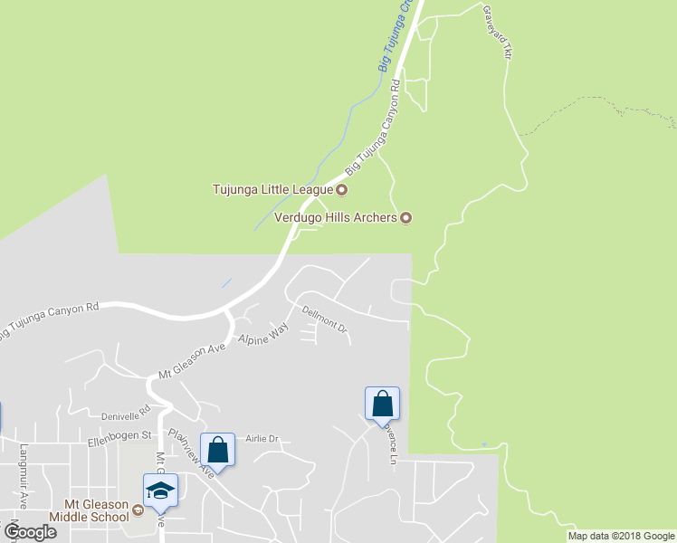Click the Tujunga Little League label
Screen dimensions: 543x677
[272, 190]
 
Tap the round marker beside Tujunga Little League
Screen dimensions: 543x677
[342, 190]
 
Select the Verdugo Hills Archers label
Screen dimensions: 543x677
[336, 217]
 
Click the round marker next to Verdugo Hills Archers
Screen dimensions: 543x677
[406, 217]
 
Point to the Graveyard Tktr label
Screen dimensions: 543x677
[498, 33]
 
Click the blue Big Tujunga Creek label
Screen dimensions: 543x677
[390, 38]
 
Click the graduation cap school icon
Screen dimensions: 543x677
[160, 491]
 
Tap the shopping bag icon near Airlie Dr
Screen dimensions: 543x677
[218, 449]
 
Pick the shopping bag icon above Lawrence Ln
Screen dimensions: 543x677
[382, 403]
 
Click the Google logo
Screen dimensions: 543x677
[30, 532]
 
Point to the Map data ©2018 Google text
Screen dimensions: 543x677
[621, 536]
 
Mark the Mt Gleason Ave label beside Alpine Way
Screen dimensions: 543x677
[191, 360]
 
